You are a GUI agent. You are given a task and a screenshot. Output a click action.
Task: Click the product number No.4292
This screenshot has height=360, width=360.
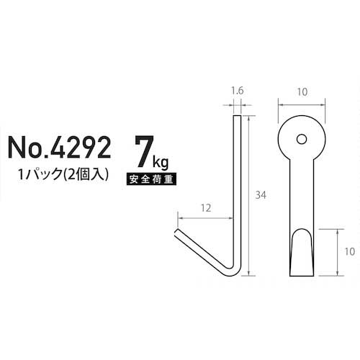(59, 148)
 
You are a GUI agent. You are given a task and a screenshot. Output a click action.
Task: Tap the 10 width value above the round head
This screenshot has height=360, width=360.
(300, 93)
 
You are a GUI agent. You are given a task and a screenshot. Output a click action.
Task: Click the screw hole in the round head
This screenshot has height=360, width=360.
(301, 138)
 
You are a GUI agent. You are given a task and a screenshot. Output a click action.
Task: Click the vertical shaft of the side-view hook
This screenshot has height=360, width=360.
(237, 187)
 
